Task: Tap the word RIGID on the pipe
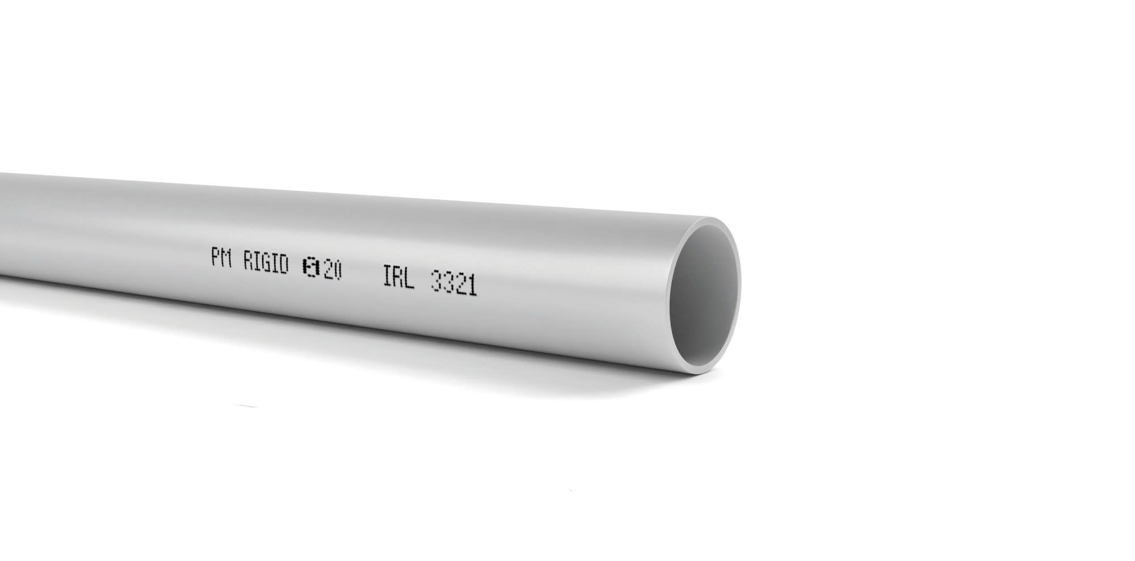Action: tap(266, 264)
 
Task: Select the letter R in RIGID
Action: tap(249, 262)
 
